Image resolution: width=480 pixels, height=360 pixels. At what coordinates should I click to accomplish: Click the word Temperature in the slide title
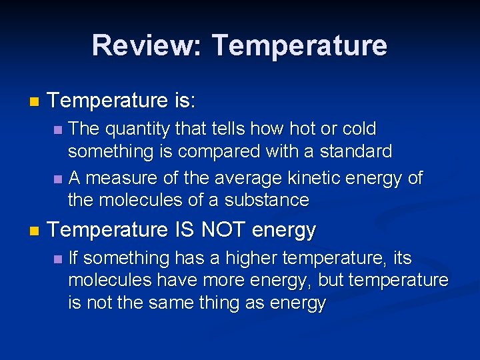coord(299,45)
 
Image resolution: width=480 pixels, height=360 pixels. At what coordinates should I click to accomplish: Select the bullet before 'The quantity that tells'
coord(58,129)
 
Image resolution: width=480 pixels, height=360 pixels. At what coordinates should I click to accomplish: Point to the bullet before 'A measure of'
coord(58,179)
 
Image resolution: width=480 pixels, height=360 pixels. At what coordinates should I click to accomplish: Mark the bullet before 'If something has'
coord(58,259)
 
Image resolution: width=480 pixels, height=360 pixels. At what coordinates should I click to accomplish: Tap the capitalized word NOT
coord(224,231)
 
